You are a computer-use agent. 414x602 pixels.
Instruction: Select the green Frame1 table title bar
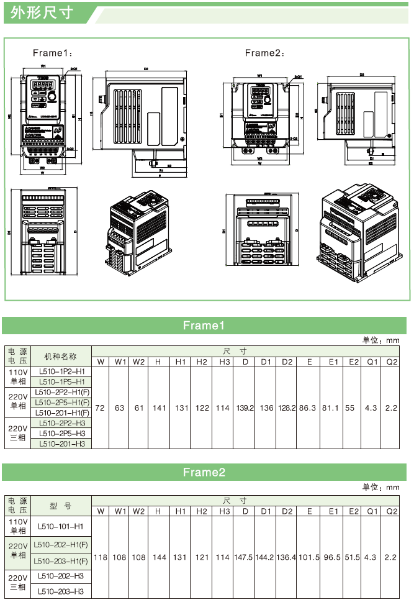coord(204,326)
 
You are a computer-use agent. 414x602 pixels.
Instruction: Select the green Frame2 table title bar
coord(204,472)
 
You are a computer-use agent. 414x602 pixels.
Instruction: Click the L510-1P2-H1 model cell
coord(61,372)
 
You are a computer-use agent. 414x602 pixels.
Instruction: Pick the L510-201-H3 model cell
coord(61,444)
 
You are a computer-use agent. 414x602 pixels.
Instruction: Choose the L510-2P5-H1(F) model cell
coord(61,403)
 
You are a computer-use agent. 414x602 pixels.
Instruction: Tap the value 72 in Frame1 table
coord(100,408)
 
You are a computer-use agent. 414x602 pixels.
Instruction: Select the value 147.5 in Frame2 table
coord(243,557)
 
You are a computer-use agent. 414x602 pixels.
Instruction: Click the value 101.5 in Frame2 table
coord(308,557)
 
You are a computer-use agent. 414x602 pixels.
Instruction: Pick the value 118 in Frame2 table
coord(100,557)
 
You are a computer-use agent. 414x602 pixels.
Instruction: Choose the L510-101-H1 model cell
coord(61,526)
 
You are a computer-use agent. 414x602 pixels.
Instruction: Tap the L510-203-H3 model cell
coord(61,591)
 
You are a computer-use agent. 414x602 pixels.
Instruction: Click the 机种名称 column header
coord(61,357)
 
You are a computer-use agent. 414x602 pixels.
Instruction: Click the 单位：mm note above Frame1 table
coord(381,340)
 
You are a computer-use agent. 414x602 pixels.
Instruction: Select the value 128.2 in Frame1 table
coord(286,408)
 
